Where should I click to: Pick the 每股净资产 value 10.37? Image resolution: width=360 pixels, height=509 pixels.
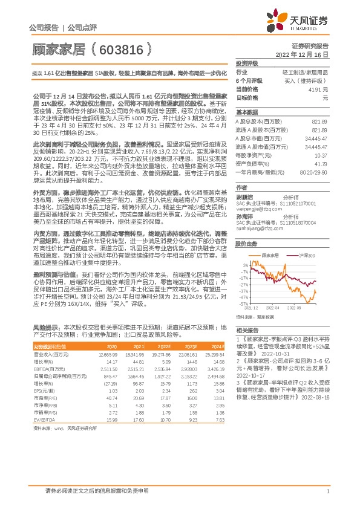321,155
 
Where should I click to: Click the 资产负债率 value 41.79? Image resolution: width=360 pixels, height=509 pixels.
321,163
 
